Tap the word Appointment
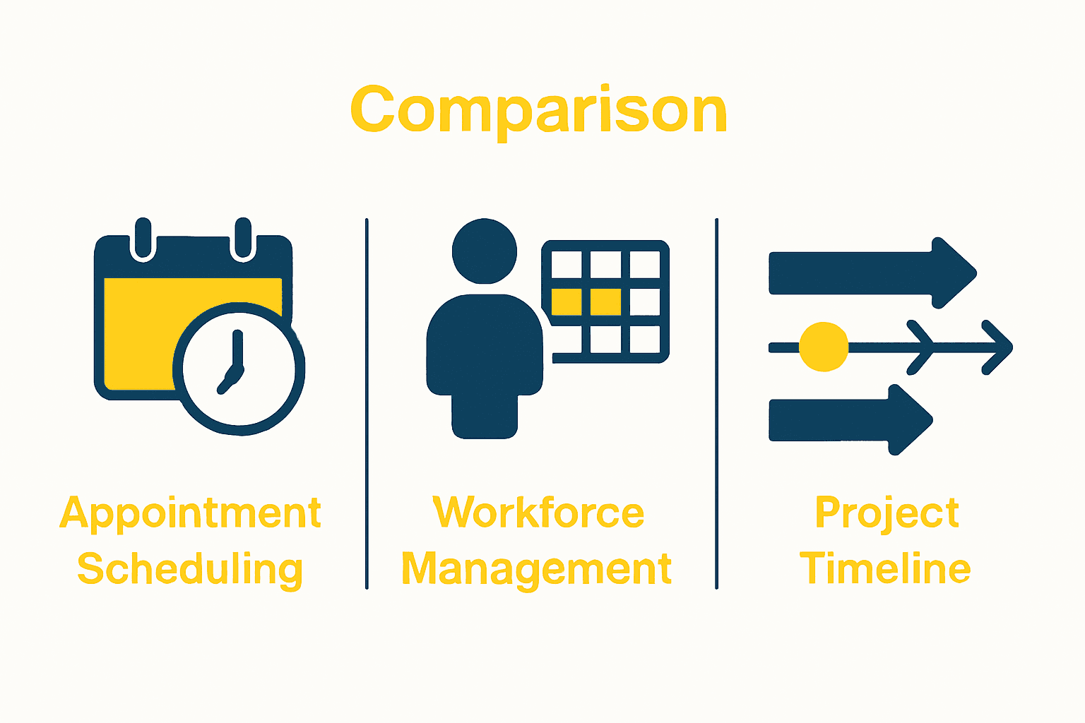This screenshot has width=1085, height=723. [x=191, y=513]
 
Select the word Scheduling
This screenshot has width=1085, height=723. [x=190, y=570]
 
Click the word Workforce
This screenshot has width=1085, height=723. [x=538, y=513]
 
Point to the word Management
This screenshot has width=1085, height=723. [x=537, y=570]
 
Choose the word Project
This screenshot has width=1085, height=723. [x=887, y=513]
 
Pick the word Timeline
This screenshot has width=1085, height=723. [x=885, y=569]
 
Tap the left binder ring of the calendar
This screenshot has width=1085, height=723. [x=143, y=239]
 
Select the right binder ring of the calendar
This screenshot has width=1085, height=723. [x=243, y=239]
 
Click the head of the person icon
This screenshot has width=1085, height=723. [x=485, y=251]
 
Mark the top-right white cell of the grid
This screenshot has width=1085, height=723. [x=644, y=265]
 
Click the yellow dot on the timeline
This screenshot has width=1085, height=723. [x=824, y=347]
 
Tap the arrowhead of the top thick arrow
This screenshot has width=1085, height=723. [x=954, y=273]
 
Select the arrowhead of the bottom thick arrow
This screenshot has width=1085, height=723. [x=910, y=419]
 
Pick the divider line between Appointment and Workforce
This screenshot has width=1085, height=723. [x=367, y=403]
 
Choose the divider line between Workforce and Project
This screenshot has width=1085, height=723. [x=716, y=403]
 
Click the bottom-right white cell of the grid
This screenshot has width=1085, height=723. [x=644, y=339]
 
